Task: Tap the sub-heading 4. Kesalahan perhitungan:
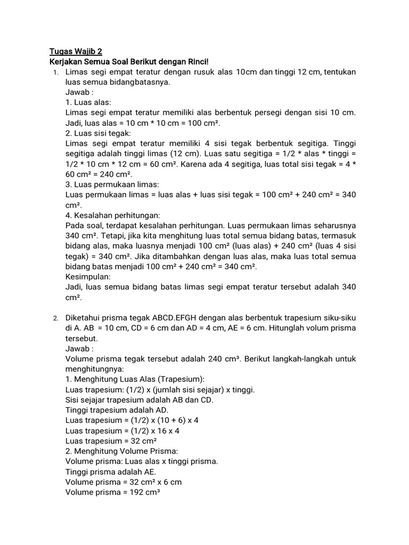(112, 216)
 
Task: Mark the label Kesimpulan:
(88, 277)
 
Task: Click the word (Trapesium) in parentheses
(182, 379)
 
